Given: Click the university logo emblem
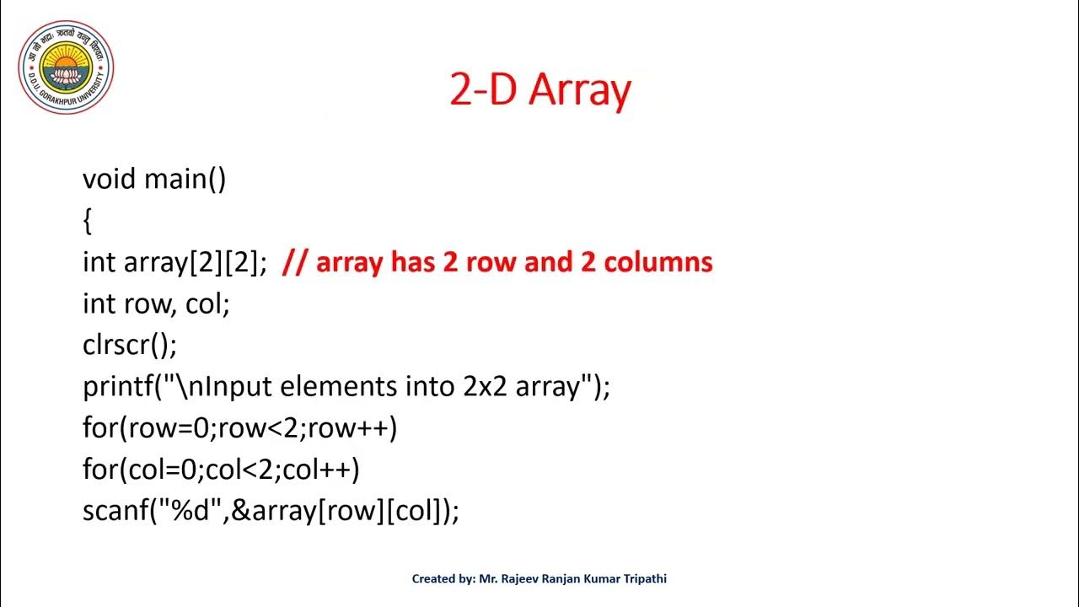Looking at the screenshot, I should (x=66, y=67).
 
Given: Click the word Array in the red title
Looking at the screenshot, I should (x=580, y=90).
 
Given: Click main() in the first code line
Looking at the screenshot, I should (x=185, y=180).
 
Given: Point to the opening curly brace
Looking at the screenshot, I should (x=87, y=221).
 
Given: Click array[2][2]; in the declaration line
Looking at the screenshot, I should (x=196, y=262).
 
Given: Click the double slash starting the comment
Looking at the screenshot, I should (x=294, y=262).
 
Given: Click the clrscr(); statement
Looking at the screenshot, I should (x=130, y=345).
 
